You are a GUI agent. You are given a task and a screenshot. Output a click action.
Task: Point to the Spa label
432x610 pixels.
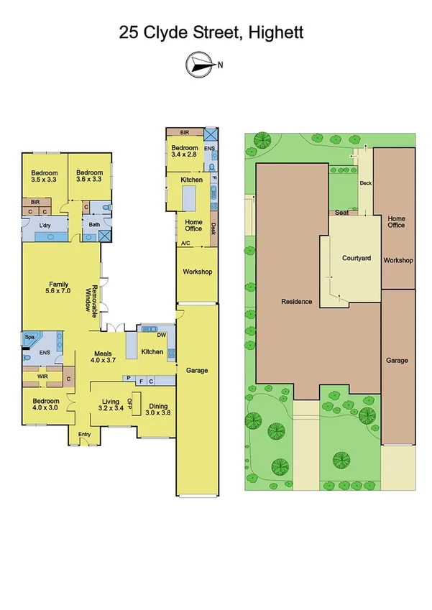tap(30, 337)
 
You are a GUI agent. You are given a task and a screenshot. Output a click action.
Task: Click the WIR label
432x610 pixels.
tap(32, 376)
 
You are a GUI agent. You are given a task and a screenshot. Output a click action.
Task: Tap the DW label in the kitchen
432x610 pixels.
tap(161, 335)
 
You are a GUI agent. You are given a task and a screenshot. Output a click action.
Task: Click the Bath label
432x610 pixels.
tap(94, 225)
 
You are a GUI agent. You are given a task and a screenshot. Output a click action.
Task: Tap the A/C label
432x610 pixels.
tap(185, 244)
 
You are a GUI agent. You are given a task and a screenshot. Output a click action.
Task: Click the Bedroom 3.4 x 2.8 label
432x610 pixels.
tap(184, 151)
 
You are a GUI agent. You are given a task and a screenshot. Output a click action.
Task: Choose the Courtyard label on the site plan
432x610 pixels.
tap(356, 258)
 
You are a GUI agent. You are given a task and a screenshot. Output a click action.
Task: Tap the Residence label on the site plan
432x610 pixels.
tap(296, 302)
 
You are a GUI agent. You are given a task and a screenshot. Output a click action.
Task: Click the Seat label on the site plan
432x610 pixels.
tap(342, 213)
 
